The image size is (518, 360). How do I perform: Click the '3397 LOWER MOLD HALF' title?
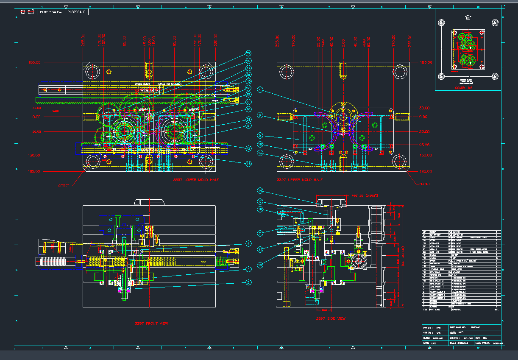click(196, 180)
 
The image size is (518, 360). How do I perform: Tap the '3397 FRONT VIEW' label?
click(151, 324)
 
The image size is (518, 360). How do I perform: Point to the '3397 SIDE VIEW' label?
click(331, 318)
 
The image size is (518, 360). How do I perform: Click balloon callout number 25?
click(249, 53)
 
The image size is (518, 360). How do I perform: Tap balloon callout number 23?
click(249, 148)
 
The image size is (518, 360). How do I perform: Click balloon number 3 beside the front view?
click(249, 282)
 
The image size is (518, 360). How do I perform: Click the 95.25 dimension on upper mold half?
click(424, 145)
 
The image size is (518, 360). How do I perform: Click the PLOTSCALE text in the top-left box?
click(78, 12)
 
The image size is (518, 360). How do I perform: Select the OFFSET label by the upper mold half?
click(424, 184)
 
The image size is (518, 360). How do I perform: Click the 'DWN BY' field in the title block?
click(428, 327)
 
